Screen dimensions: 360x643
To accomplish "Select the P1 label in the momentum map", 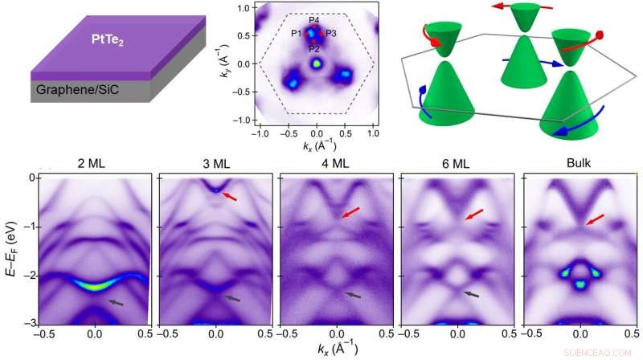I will coord(297,34).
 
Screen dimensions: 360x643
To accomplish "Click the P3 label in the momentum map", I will coord(332,34).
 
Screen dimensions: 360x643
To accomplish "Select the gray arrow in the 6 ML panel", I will coord(470,294).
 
